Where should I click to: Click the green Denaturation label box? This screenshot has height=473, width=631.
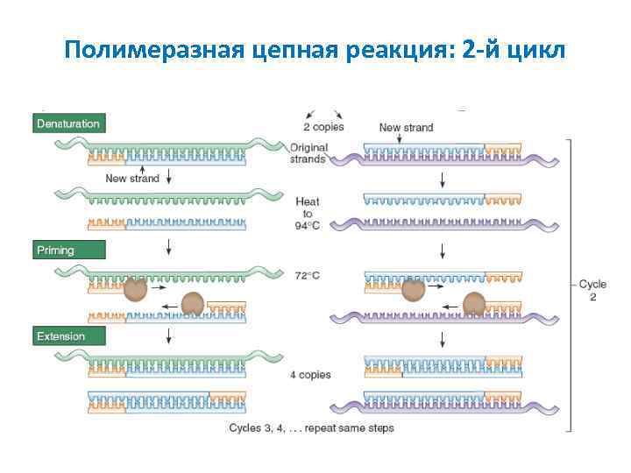pos(69,124)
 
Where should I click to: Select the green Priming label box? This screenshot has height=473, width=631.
pos(69,251)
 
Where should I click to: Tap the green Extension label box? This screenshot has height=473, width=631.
pos(69,336)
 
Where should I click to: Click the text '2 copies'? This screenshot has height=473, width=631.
pos(323,127)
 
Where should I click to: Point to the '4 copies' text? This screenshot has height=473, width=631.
pos(310,375)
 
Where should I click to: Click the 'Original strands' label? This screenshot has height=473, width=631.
pos(308,153)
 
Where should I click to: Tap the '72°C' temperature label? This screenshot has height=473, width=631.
pos(308,276)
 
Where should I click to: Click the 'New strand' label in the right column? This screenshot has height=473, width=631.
pos(406,127)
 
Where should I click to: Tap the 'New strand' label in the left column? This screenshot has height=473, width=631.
pos(132,178)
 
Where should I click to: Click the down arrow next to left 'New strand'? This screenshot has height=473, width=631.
pos(167,178)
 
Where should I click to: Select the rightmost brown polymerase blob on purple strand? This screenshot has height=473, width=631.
pos(474,304)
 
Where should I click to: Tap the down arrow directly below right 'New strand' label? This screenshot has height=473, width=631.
pos(443,180)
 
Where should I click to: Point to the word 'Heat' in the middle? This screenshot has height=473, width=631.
pos(308,201)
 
